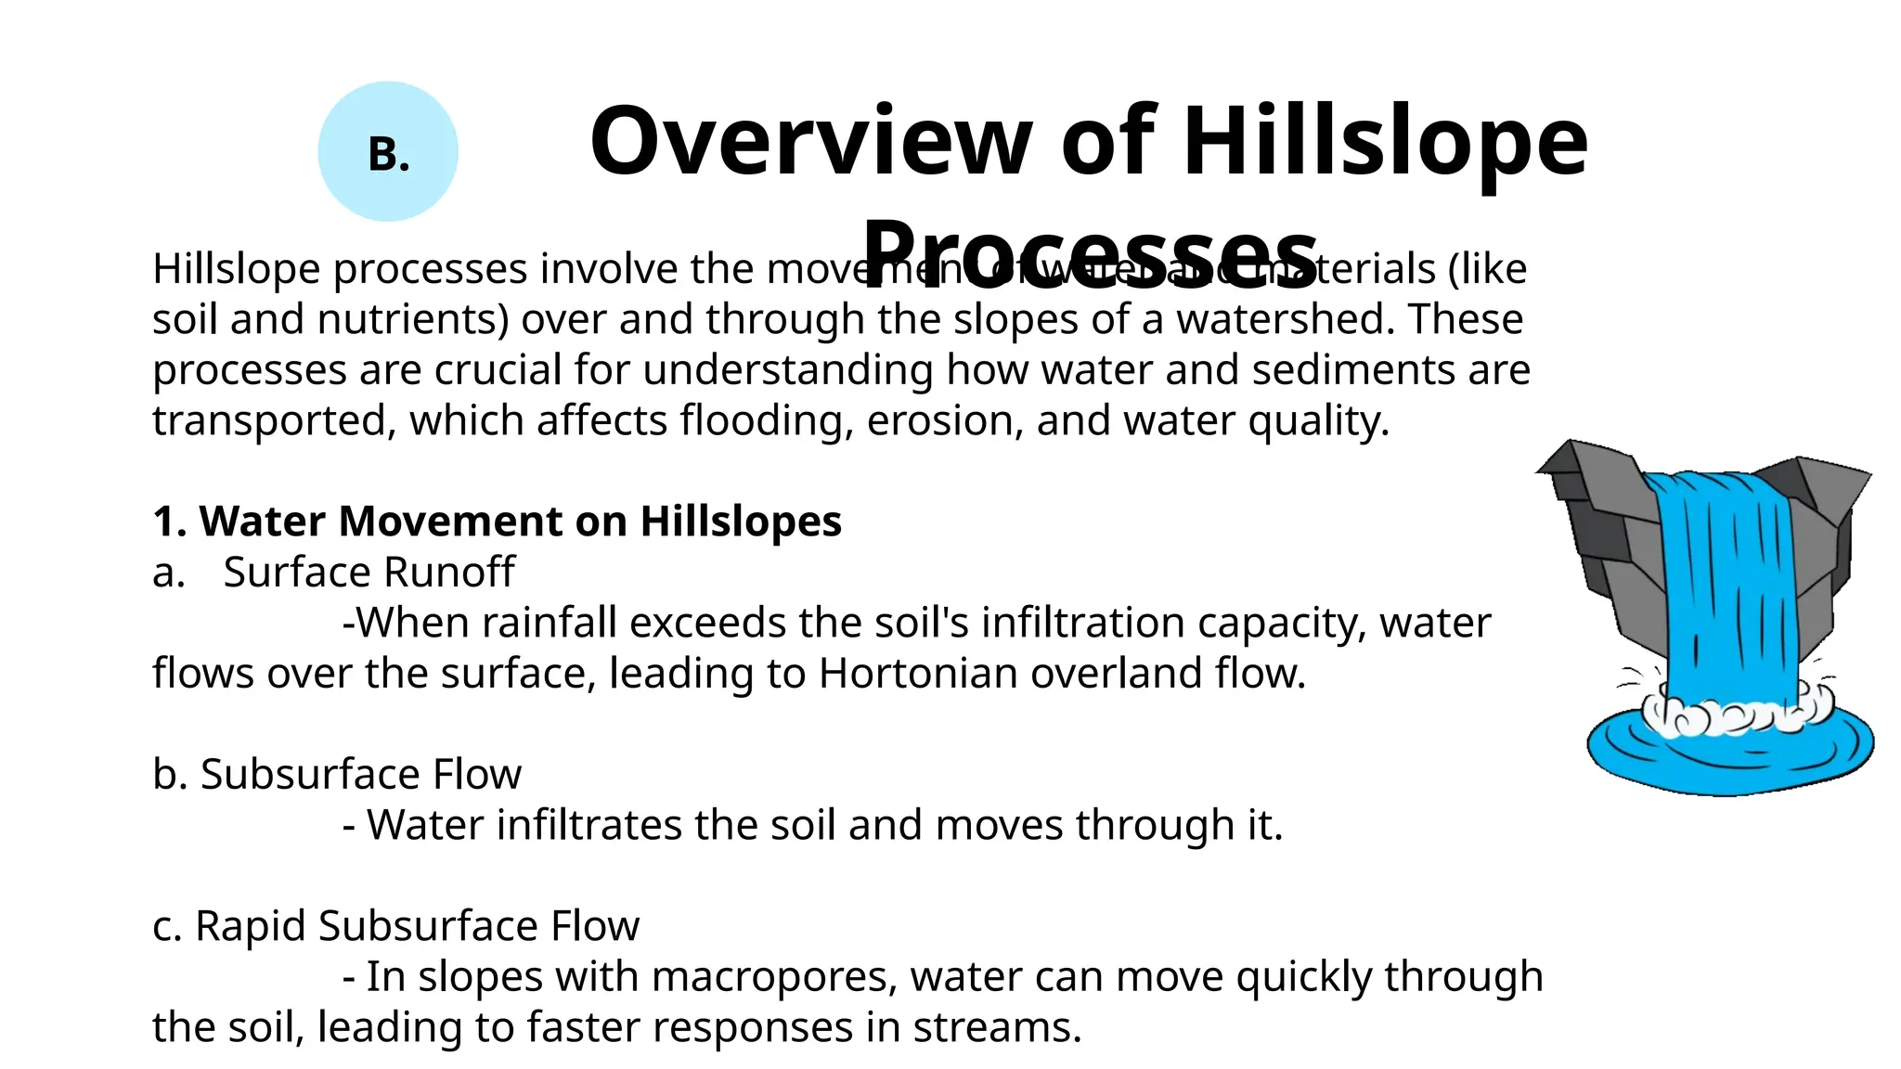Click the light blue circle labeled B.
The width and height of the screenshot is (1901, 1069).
pos(388,151)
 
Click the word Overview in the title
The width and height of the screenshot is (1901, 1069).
pos(810,141)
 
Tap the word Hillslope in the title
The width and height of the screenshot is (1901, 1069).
pos(1385,141)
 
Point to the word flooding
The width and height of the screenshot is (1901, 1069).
pos(767,420)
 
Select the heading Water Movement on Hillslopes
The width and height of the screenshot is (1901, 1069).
pos(498,522)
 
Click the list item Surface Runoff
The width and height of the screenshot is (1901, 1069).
pos(369,573)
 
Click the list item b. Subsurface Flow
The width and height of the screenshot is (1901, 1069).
pos(337,775)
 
